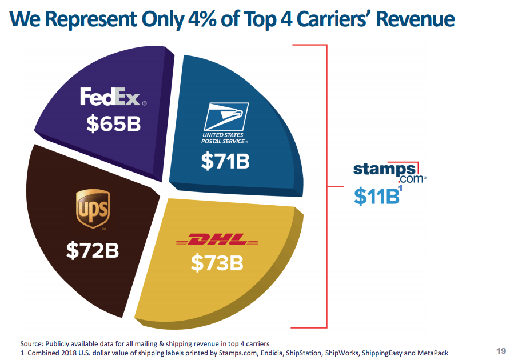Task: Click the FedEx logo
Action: coord(113,97)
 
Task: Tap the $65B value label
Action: coord(113,123)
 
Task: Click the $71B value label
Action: coord(225,162)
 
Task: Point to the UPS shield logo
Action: coord(93,208)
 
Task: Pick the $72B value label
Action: coord(93,250)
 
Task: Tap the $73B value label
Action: coord(217,263)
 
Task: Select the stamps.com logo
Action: coord(386,171)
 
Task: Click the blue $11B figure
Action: coord(376,196)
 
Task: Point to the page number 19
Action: coord(501,350)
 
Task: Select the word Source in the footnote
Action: coord(32,343)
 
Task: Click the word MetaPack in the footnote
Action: coord(433,353)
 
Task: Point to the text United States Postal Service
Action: coord(224,138)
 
